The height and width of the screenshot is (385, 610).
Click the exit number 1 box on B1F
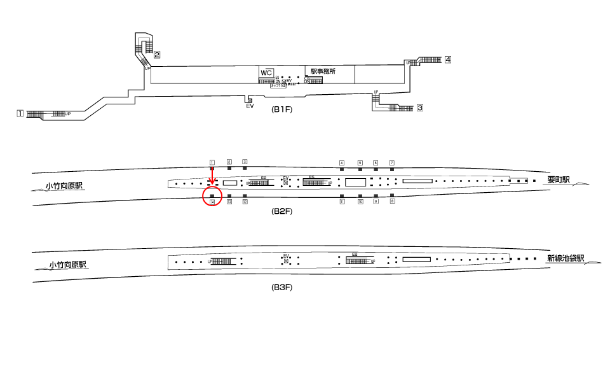click(20, 114)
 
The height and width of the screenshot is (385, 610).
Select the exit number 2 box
click(156, 54)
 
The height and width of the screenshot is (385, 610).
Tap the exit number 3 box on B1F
click(420, 108)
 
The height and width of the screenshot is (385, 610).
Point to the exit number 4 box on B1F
click(448, 60)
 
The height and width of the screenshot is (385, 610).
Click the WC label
click(266, 73)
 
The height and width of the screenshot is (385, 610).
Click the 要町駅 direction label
click(559, 180)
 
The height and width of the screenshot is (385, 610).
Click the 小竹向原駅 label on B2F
click(64, 186)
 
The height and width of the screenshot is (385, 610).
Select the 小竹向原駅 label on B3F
click(68, 265)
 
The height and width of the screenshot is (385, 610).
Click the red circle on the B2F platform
click(212, 196)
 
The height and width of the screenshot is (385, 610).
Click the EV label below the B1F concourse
click(250, 106)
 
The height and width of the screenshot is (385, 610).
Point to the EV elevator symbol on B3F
click(286, 260)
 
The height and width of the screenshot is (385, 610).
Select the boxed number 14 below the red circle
click(212, 202)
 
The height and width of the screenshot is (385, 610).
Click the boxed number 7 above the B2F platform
click(392, 163)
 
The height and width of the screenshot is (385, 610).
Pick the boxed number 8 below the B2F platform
click(392, 201)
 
